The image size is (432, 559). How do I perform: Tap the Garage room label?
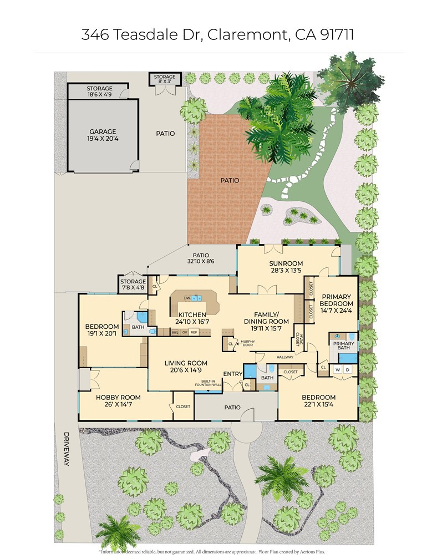click(103, 132)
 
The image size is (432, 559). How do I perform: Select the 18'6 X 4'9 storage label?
click(99, 95)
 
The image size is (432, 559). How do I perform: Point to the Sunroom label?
click(286, 263)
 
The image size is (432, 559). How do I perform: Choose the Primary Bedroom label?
click(337, 300)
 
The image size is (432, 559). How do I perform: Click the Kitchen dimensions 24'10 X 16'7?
click(192, 322)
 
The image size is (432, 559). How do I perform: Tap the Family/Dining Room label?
click(267, 317)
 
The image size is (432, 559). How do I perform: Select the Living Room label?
click(186, 364)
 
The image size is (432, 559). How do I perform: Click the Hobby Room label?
click(118, 398)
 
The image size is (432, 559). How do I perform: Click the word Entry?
click(232, 374)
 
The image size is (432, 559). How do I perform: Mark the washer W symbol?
click(337, 369)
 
